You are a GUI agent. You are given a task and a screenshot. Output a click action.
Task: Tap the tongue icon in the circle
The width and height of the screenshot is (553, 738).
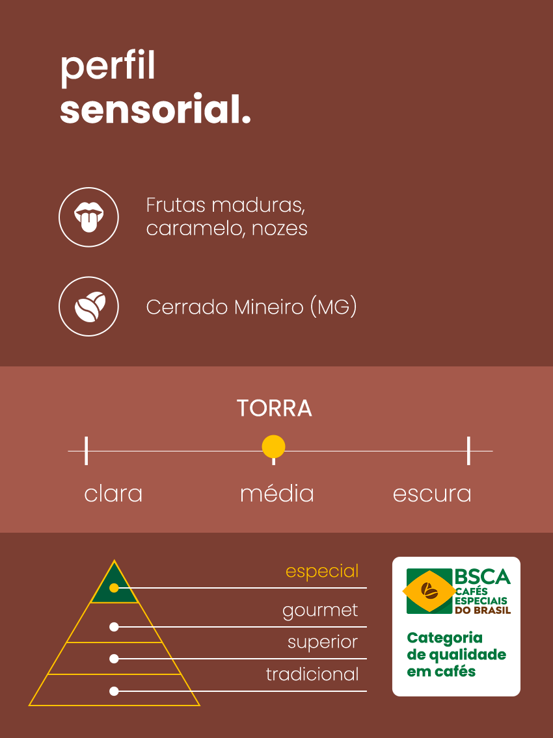tap(88, 217)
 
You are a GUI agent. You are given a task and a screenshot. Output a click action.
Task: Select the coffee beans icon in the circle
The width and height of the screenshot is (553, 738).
tap(90, 307)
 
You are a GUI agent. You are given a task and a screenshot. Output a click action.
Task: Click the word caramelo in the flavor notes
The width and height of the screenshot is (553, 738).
tap(195, 229)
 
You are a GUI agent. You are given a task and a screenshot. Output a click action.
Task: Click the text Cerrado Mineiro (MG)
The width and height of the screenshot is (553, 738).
tap(251, 307)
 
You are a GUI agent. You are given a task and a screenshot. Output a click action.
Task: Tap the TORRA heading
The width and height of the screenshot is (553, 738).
tap(275, 408)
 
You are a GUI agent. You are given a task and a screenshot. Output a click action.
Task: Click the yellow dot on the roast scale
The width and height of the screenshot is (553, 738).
tap(273, 447)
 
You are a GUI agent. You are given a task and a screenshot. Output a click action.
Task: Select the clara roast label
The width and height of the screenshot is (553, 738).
tap(113, 494)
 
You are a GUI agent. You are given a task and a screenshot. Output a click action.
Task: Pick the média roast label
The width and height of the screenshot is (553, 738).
tap(276, 494)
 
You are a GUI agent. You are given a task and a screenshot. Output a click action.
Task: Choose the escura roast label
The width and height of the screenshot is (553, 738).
tap(432, 494)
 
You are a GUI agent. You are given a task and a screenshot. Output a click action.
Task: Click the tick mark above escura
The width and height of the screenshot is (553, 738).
tap(468, 451)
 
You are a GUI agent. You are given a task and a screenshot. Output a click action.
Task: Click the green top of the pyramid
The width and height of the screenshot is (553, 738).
tap(114, 586)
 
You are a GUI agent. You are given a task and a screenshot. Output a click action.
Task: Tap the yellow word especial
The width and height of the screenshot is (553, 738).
tap(322, 572)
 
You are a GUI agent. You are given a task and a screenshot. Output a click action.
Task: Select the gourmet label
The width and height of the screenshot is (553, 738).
tap(320, 611)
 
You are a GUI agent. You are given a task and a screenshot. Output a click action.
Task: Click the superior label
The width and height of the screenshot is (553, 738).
tap(323, 643)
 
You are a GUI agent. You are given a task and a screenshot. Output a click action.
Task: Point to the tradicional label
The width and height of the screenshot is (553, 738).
tap(312, 674)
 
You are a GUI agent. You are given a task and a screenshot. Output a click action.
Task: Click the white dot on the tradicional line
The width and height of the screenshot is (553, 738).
tap(114, 691)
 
